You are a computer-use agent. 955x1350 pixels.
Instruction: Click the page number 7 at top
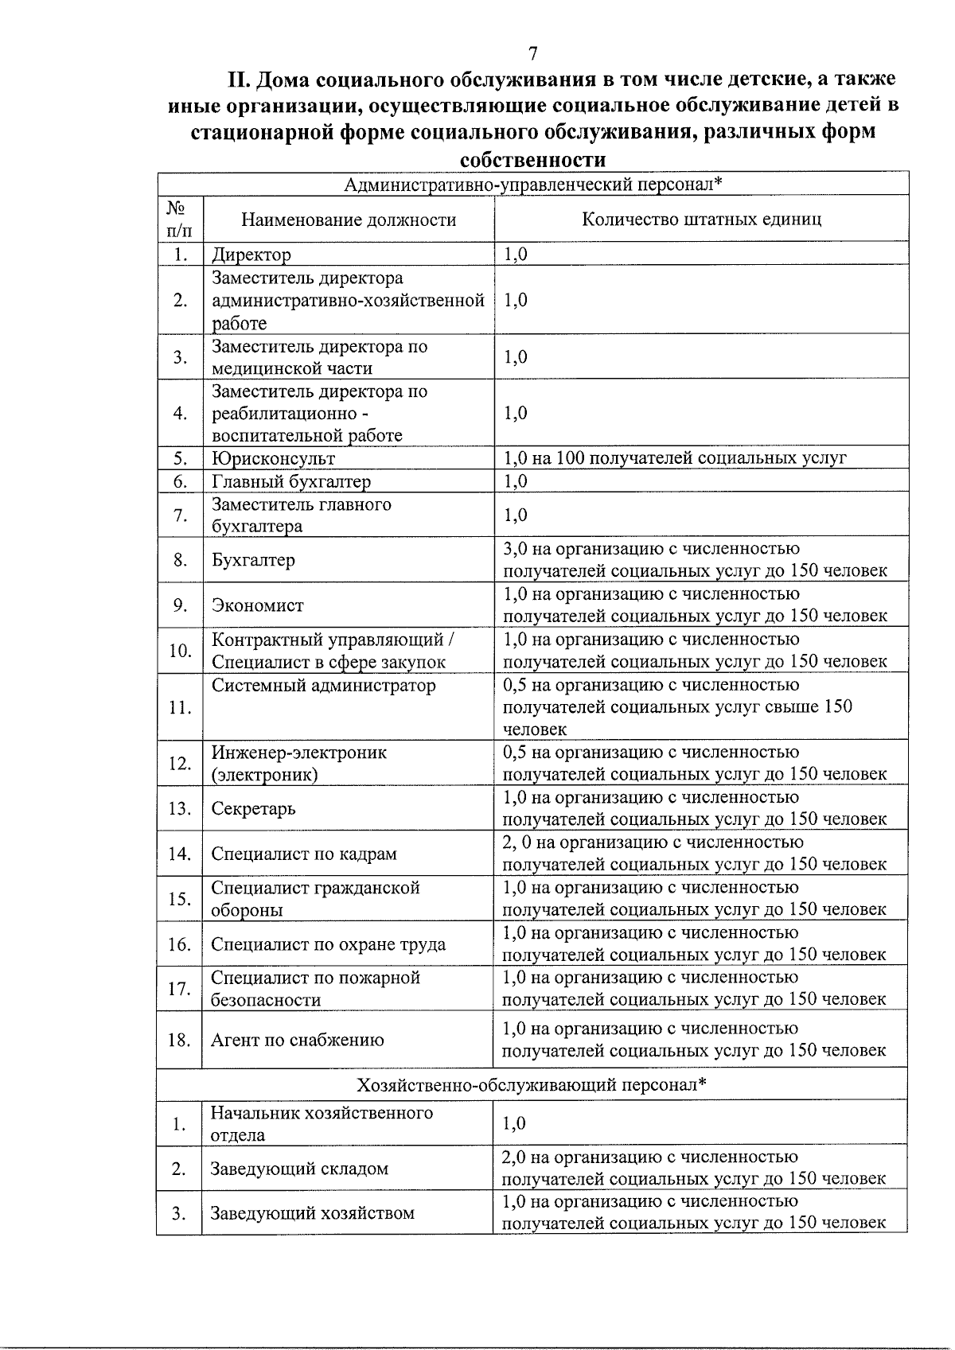(532, 54)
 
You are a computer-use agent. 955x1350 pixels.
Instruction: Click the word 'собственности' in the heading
(533, 160)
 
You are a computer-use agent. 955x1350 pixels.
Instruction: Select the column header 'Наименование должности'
(349, 220)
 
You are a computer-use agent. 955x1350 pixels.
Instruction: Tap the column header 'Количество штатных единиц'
(701, 219)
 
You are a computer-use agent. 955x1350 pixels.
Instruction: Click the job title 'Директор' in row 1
(251, 255)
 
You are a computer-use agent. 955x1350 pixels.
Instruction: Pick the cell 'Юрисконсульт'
(273, 459)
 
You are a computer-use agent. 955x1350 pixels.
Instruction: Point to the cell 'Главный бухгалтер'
(290, 481)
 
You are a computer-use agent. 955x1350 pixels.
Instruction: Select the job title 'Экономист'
(257, 605)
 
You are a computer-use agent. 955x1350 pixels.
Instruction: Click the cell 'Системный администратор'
(323, 685)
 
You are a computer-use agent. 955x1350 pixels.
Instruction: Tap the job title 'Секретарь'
(253, 809)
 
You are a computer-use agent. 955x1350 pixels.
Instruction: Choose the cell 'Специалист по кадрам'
(303, 854)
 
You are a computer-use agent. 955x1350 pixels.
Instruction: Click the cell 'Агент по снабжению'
(297, 1040)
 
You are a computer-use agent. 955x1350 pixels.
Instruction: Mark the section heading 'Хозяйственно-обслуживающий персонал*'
(532, 1085)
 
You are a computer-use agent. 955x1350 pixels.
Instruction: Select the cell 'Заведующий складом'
(299, 1169)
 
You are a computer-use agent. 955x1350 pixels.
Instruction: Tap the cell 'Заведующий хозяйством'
(312, 1213)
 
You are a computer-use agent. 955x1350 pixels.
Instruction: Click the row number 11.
(180, 707)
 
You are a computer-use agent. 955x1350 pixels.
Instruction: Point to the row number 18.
(179, 1040)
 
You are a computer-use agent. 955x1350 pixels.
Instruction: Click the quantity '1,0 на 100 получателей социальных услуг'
(675, 458)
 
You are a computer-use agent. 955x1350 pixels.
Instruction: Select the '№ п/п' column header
(179, 220)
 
